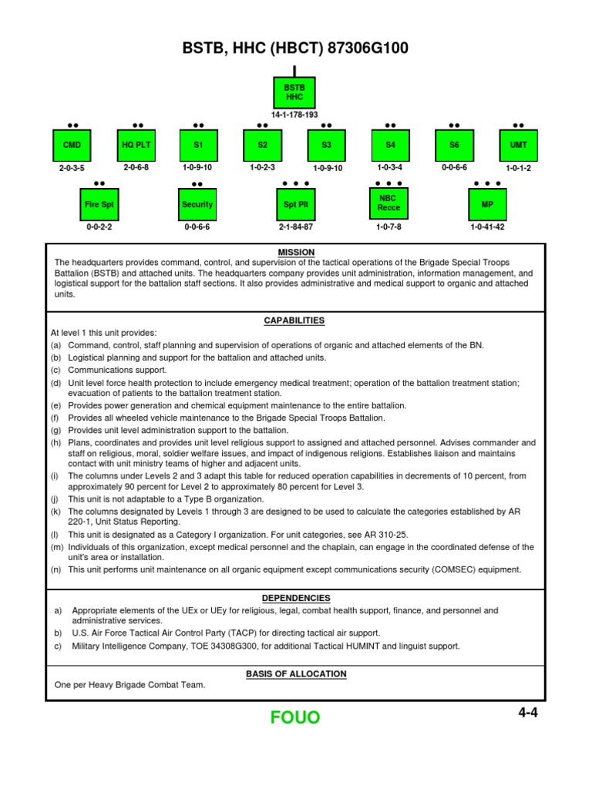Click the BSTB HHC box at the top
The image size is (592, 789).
(294, 92)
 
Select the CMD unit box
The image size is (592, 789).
(72, 145)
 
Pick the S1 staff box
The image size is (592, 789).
(198, 145)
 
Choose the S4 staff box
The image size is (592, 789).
(390, 145)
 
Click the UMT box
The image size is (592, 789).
(518, 145)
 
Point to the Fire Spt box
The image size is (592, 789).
(99, 205)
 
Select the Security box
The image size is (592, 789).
(197, 205)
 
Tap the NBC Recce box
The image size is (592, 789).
(388, 203)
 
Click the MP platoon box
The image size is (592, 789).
(487, 205)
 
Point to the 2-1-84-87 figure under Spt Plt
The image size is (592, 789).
(295, 228)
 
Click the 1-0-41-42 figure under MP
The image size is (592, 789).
(487, 228)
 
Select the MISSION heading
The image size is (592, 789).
(295, 253)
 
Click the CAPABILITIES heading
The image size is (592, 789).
(294, 321)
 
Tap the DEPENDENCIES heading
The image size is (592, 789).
(295, 598)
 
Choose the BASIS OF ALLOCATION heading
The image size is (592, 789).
(296, 673)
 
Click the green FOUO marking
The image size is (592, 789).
(295, 718)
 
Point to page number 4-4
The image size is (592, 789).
(527, 713)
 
